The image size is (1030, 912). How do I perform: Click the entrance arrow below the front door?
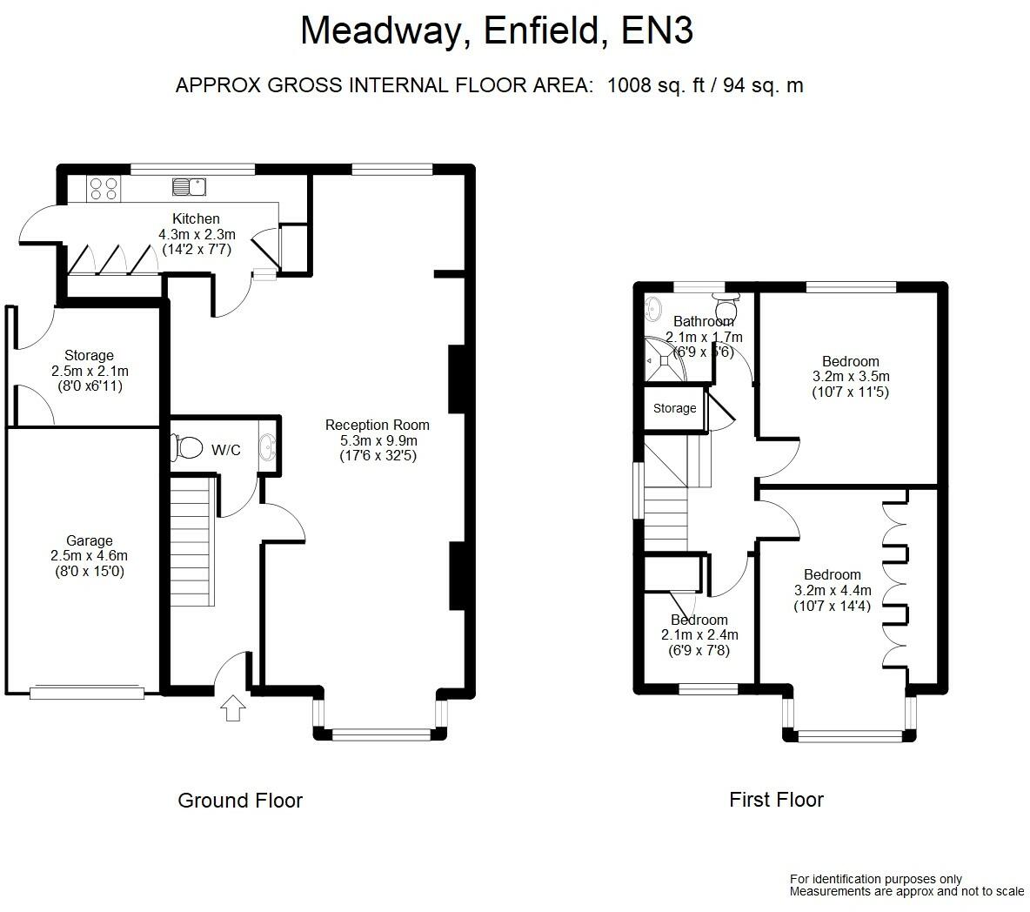(x=232, y=708)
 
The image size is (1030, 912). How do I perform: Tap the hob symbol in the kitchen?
(x=104, y=189)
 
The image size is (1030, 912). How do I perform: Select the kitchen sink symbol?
(x=189, y=187)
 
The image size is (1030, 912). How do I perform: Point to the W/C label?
(x=226, y=450)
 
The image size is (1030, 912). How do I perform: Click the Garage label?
(x=90, y=540)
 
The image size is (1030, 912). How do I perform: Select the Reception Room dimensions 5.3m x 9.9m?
(x=378, y=441)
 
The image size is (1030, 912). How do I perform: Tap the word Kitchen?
(x=196, y=218)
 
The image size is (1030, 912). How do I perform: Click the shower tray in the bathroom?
(x=665, y=359)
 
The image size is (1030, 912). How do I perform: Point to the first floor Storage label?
(x=674, y=408)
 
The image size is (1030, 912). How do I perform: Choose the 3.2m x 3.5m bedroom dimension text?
(x=852, y=377)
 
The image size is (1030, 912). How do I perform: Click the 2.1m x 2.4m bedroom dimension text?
(x=699, y=635)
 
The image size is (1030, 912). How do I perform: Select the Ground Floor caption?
(x=240, y=801)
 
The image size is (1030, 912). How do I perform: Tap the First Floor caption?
(x=777, y=800)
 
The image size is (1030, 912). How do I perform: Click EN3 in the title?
(x=657, y=30)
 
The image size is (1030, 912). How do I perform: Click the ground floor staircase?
(x=192, y=541)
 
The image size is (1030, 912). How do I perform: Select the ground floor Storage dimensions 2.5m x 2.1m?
(x=90, y=372)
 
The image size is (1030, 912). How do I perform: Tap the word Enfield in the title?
(x=541, y=31)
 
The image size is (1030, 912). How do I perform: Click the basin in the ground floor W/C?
(x=268, y=446)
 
